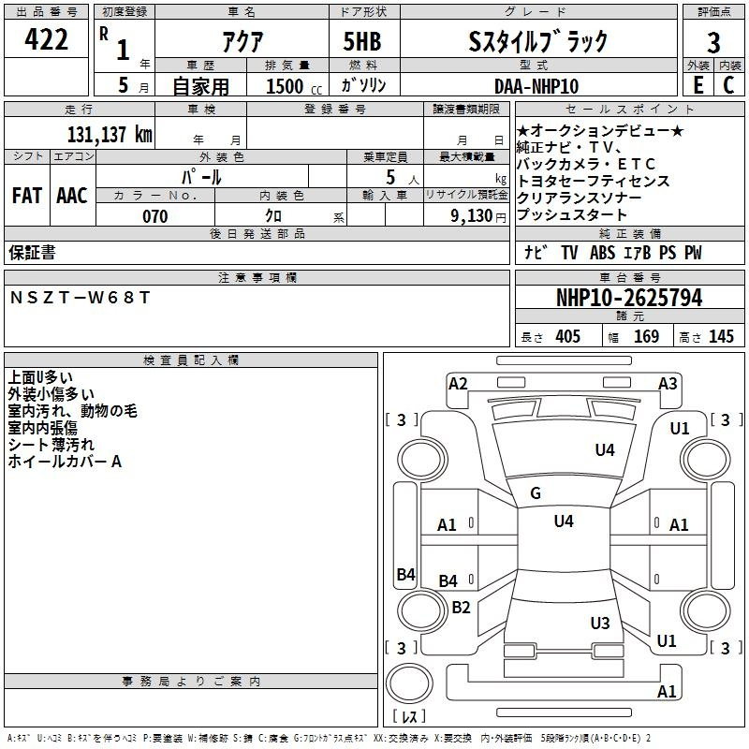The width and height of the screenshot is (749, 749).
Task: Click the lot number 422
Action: click(x=47, y=40)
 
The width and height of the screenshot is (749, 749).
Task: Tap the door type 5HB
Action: click(x=362, y=41)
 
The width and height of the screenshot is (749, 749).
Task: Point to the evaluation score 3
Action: click(x=713, y=43)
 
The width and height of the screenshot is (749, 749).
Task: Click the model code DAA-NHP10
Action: click(x=536, y=85)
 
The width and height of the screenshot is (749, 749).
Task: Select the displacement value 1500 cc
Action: click(x=286, y=86)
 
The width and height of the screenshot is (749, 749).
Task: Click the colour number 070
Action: click(x=154, y=216)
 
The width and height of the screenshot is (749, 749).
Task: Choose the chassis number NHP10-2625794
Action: click(x=629, y=298)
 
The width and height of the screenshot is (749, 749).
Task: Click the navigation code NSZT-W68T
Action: click(x=80, y=297)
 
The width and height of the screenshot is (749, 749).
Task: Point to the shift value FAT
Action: click(x=27, y=195)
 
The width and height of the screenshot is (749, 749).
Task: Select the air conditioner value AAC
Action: click(x=72, y=195)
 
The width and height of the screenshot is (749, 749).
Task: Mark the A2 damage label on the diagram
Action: click(x=458, y=383)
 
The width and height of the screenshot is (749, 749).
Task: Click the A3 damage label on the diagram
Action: click(x=668, y=383)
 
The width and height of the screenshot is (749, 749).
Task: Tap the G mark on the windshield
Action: click(x=536, y=493)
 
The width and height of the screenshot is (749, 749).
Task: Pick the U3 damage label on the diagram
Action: click(x=600, y=623)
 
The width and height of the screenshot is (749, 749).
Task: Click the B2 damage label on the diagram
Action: click(x=461, y=607)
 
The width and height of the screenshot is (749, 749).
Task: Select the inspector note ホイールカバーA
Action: click(x=65, y=462)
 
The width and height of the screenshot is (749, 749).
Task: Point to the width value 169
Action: click(x=647, y=337)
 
